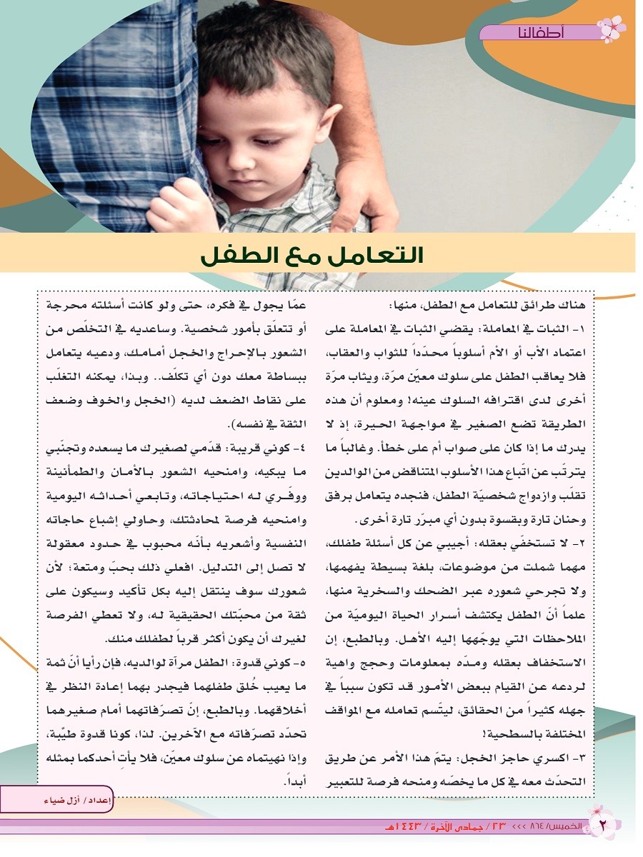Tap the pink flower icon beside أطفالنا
coord(611,29)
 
